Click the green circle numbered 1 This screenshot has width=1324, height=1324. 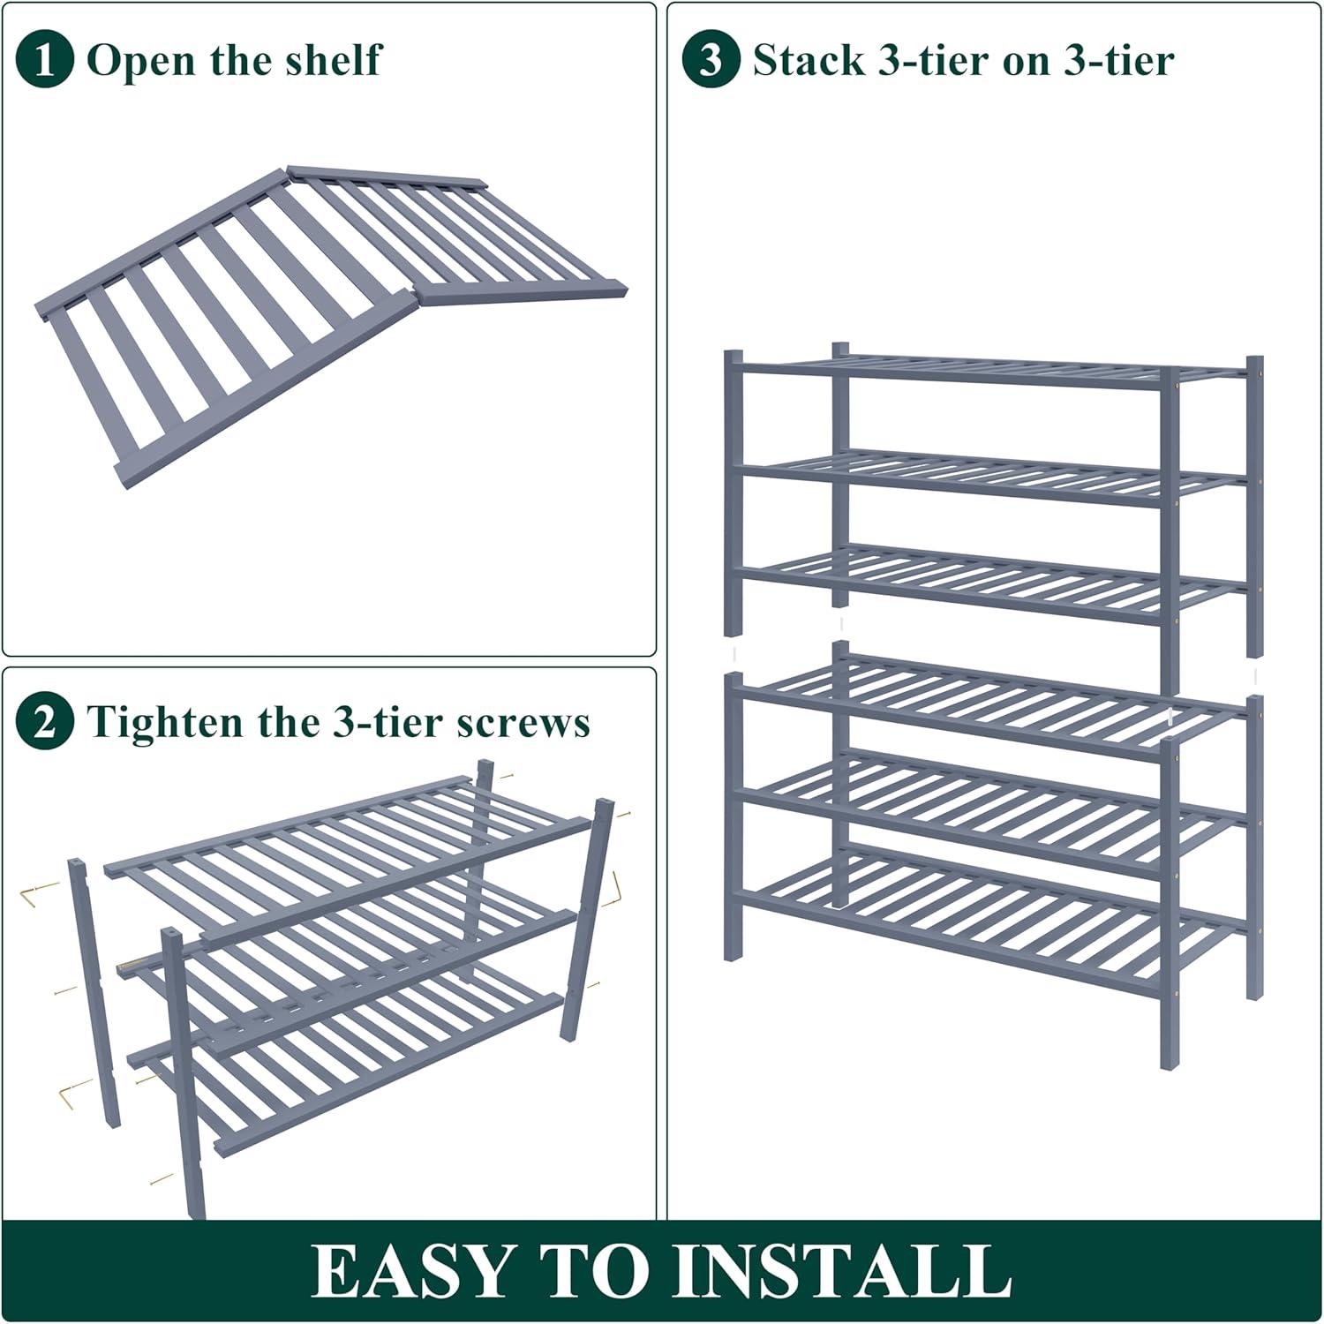44,59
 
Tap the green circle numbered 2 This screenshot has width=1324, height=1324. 44,722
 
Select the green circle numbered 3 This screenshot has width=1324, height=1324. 711,59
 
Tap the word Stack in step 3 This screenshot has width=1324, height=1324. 809,60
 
